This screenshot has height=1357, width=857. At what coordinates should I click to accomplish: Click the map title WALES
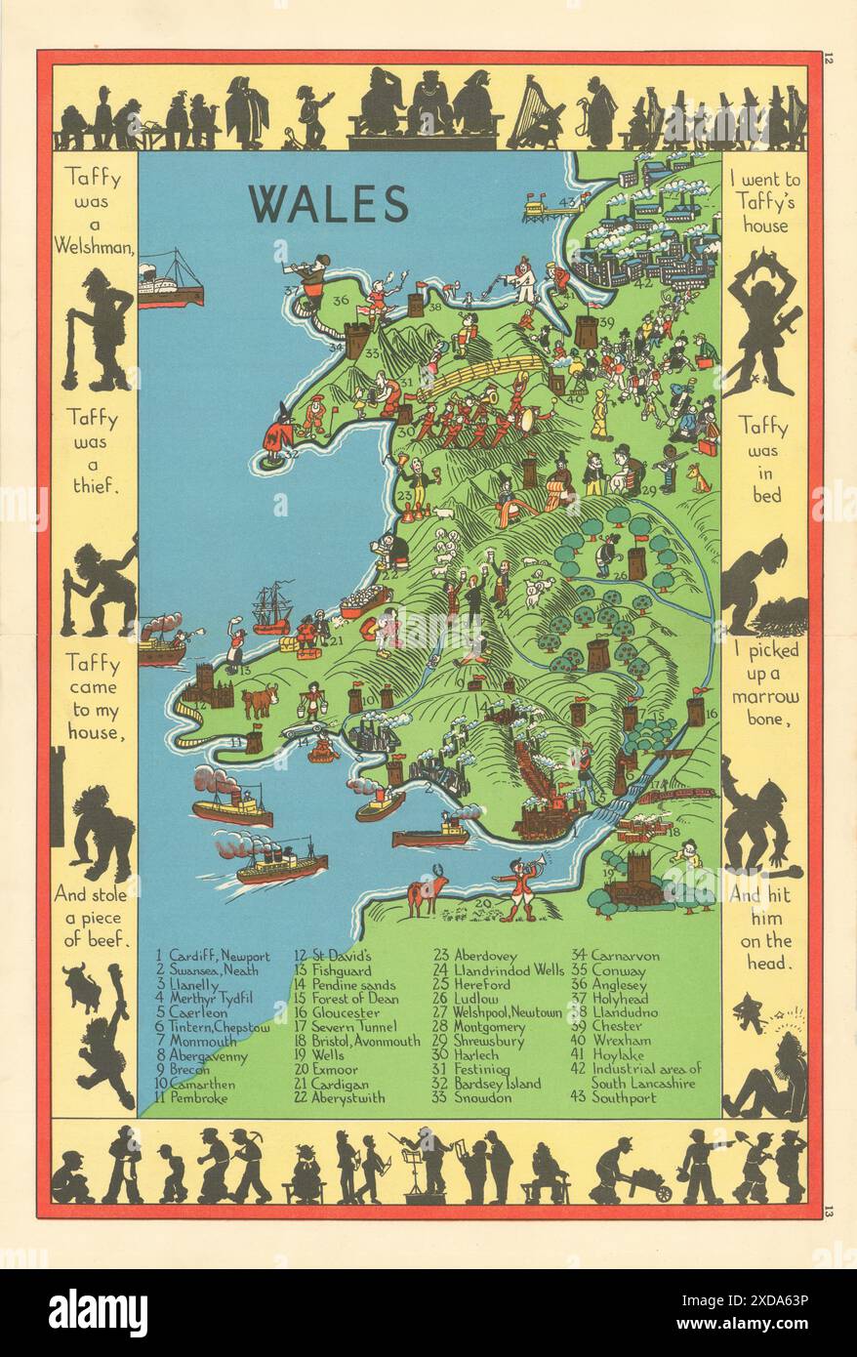pyautogui.click(x=328, y=204)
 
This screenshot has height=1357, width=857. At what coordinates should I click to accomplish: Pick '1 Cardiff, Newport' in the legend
pyautogui.click(x=212, y=956)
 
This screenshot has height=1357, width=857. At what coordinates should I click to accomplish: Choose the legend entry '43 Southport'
pyautogui.click(x=614, y=1097)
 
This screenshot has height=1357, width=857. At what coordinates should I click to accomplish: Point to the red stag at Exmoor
pyautogui.click(x=428, y=891)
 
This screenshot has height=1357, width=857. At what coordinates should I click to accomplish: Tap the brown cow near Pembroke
pyautogui.click(x=260, y=700)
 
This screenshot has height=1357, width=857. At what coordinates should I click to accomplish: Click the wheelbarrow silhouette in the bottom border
pyautogui.click(x=649, y=1186)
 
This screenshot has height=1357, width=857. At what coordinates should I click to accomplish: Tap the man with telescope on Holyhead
pyautogui.click(x=311, y=276)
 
